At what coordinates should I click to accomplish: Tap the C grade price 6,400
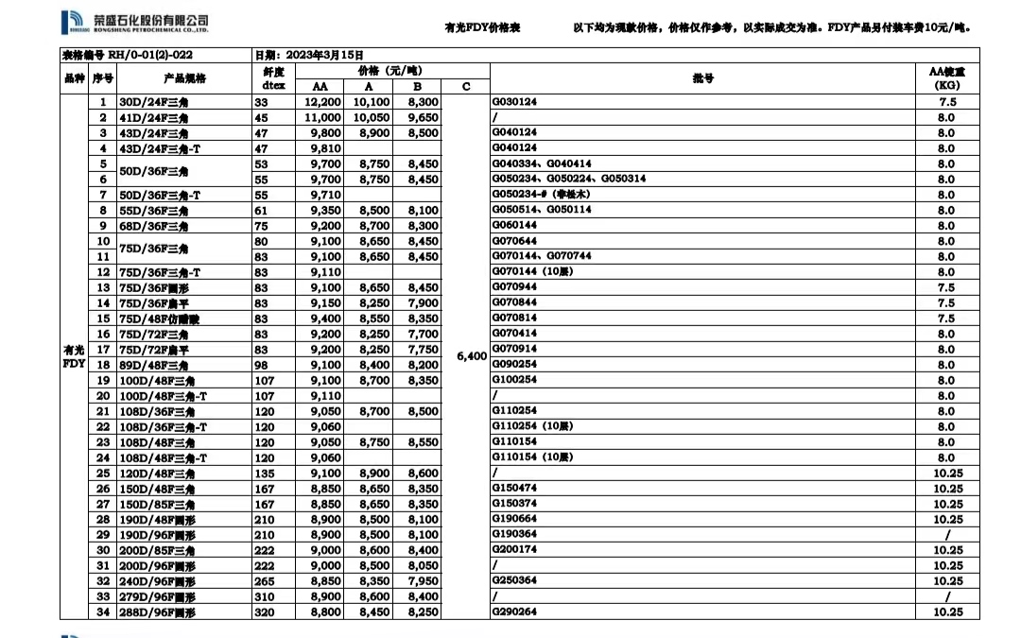(470, 356)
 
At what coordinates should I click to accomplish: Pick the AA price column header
(322, 87)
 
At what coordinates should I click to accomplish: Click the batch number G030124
(515, 102)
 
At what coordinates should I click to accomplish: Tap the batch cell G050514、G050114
(543, 210)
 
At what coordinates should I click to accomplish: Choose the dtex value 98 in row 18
(261, 365)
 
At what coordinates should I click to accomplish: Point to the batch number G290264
(515, 612)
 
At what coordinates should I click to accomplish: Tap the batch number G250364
(515, 581)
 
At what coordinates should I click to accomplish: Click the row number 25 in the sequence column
(102, 473)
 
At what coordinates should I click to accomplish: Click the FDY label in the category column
(74, 363)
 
